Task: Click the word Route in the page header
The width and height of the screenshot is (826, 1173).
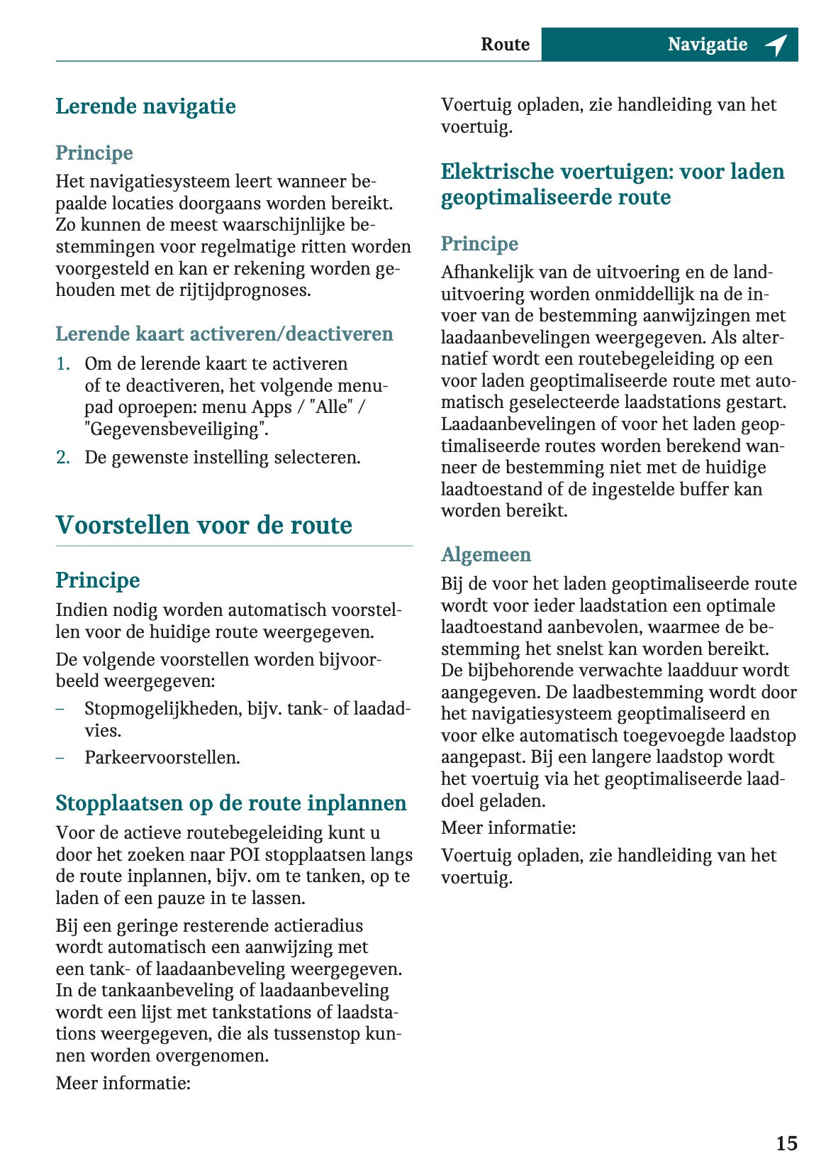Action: [505, 45]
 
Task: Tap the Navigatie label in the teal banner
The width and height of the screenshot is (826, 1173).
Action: [707, 45]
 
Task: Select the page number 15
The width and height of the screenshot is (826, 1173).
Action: [786, 1143]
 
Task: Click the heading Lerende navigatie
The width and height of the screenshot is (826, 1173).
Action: [145, 106]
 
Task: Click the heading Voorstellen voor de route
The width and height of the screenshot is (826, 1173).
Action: [203, 525]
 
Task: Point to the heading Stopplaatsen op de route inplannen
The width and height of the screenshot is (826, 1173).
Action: [230, 803]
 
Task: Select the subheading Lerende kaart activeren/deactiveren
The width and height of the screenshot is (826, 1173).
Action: [224, 334]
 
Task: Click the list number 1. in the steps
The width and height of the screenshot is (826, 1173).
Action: [63, 364]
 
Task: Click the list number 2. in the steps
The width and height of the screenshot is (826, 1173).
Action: [63, 458]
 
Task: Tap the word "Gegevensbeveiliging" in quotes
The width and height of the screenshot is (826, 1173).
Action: [177, 429]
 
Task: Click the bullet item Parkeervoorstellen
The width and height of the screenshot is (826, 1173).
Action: [162, 758]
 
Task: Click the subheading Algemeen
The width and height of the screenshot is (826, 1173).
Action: [486, 554]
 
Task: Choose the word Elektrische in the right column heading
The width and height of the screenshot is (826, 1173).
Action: [496, 172]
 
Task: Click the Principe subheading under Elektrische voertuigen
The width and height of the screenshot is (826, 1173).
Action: [479, 243]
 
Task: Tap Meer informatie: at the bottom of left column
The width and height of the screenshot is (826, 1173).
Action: [123, 1083]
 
